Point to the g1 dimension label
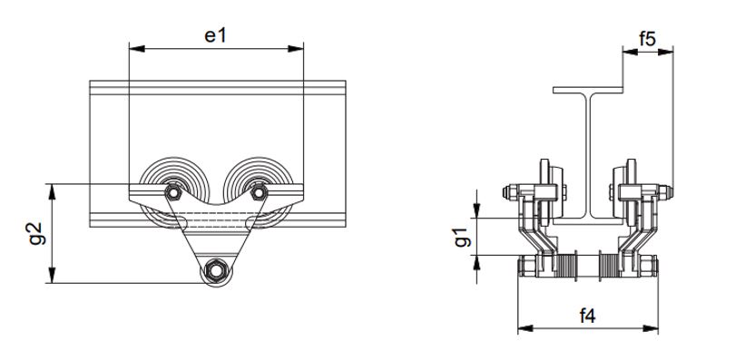click(x=461, y=238)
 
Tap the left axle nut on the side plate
click(x=171, y=193)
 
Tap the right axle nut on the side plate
click(x=259, y=192)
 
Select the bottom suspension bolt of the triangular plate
click(x=215, y=270)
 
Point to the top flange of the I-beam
click(x=589, y=91)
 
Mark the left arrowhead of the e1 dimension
click(x=134, y=46)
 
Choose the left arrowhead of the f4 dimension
click(x=522, y=327)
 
